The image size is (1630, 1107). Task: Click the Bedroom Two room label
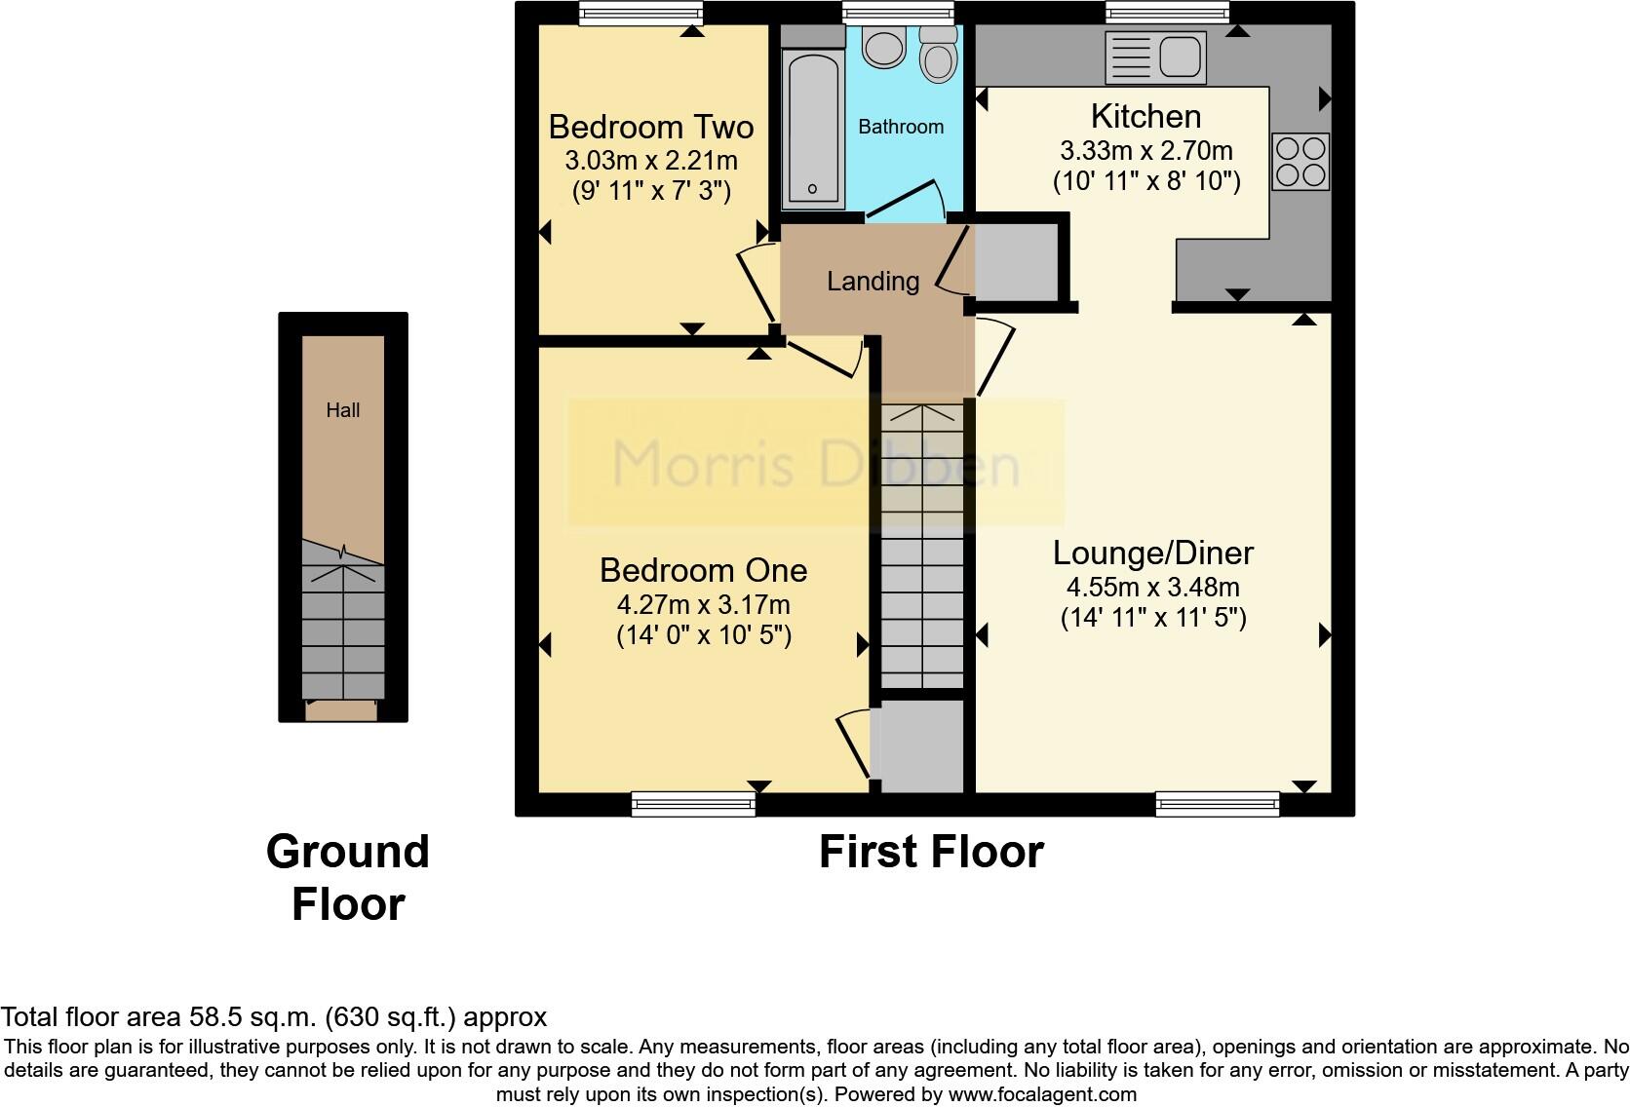650,127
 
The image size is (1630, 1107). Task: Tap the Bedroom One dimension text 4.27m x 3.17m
703,604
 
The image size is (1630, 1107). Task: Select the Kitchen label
1145,116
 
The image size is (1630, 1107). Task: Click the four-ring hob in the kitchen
1300,161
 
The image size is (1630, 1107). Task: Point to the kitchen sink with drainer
1155,56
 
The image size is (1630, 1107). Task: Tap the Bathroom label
901,127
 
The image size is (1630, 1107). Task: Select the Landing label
873,282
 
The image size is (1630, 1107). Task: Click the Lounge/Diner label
1152,553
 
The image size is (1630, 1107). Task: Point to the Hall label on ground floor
342,410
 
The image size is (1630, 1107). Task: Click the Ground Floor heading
348,877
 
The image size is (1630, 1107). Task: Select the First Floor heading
931,852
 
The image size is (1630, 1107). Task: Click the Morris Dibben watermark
815,464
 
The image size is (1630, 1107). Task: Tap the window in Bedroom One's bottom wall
693,803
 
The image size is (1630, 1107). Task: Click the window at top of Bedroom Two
640,13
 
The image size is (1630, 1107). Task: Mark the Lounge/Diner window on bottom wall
1217,803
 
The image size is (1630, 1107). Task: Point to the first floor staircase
922,546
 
